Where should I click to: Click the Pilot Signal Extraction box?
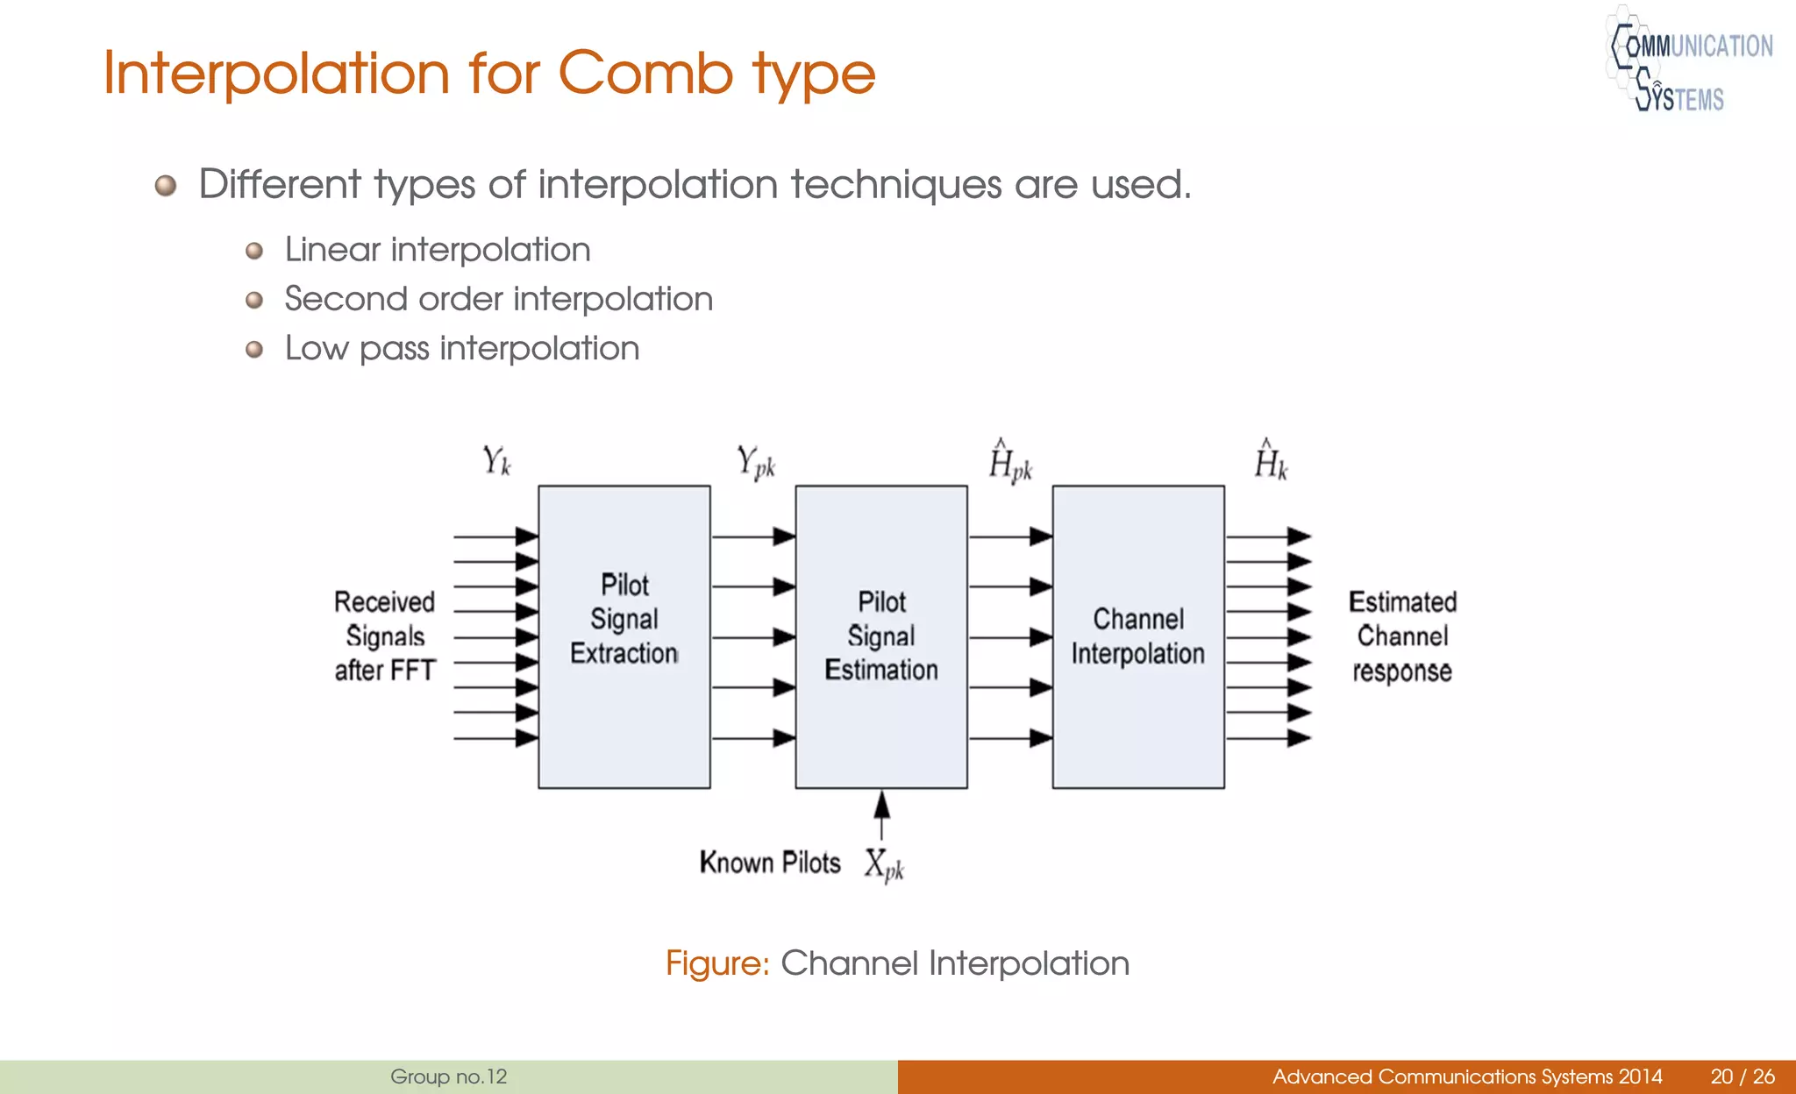624,636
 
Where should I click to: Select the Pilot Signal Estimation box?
880,636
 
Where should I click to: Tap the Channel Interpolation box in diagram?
1137,636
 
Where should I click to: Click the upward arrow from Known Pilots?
881,815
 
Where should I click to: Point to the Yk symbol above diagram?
496,460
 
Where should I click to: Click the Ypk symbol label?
755,462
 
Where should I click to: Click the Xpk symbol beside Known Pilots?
883,865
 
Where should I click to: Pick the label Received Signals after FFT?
384,636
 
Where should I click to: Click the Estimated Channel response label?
1401,636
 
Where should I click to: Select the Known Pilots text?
769,863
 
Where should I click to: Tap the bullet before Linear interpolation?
254,252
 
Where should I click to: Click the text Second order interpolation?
498,299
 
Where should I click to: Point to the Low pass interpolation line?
461,348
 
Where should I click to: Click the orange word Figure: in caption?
716,963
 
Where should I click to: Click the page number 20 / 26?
1742,1076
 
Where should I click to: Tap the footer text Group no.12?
448,1076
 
